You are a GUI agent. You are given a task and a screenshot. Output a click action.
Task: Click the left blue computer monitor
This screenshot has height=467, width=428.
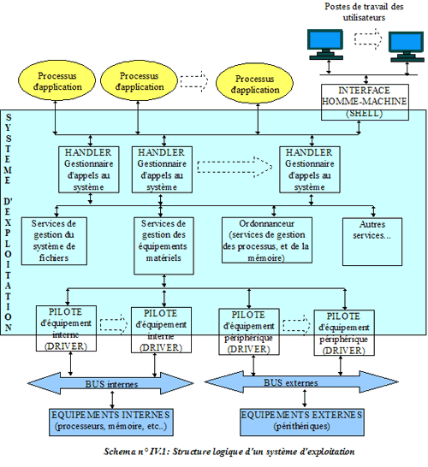click(x=327, y=39)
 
